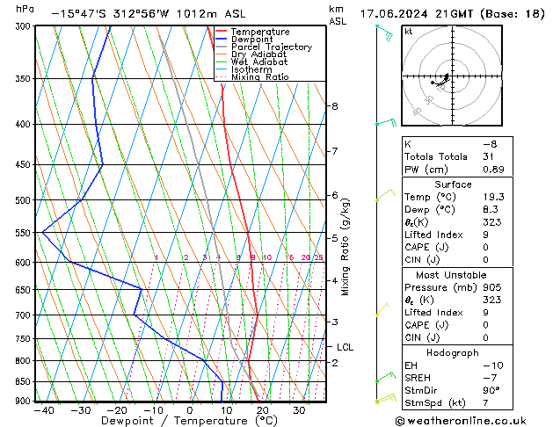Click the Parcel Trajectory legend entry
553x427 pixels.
click(271, 47)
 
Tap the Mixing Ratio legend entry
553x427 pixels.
click(259, 76)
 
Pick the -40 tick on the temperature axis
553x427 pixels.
click(42, 410)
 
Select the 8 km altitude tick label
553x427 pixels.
click(335, 106)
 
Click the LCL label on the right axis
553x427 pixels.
click(346, 347)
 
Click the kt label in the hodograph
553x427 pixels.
click(408, 31)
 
